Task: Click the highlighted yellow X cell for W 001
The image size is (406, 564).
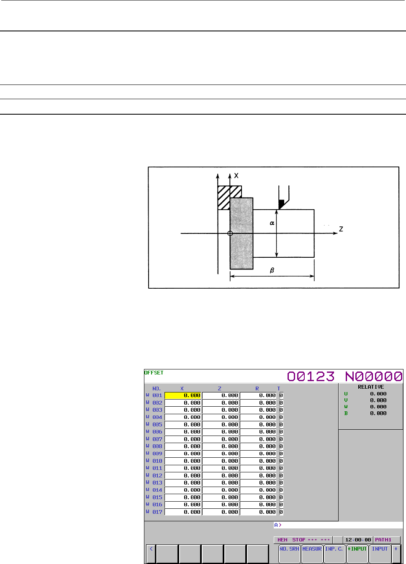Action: (x=182, y=395)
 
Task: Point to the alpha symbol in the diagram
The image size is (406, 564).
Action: (x=272, y=223)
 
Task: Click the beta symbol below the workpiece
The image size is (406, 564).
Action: (x=272, y=270)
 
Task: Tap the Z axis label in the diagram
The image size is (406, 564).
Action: (x=341, y=229)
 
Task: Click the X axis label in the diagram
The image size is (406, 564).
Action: (x=236, y=176)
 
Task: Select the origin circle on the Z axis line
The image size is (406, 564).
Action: (x=230, y=233)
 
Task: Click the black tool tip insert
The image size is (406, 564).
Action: (x=281, y=204)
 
